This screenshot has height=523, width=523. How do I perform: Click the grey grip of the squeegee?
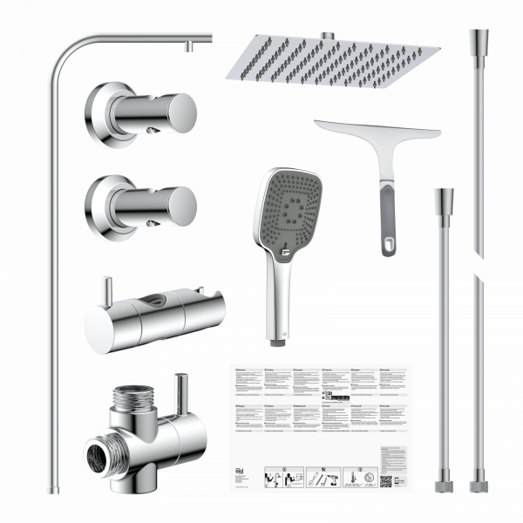tap(385, 222)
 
